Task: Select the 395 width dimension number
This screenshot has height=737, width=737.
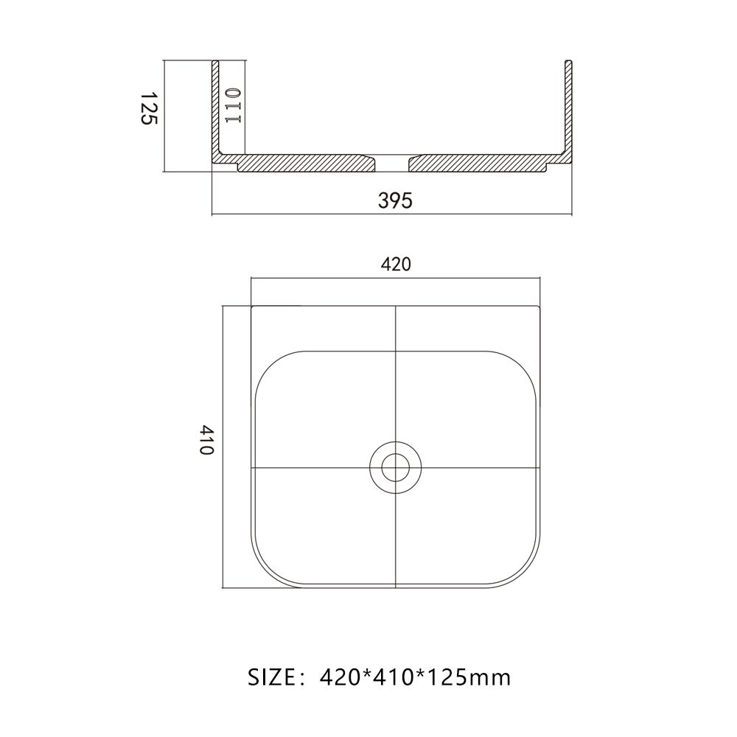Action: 395,200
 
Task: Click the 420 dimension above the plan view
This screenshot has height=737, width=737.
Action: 396,265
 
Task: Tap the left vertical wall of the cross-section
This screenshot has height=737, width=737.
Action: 216,111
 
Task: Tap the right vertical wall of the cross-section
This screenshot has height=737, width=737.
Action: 567,111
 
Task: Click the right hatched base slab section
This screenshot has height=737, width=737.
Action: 479,163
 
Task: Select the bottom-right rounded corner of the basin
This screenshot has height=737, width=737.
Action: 525,571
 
